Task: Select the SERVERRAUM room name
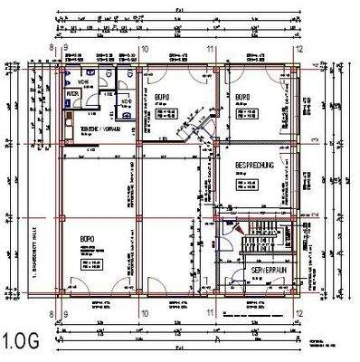269,271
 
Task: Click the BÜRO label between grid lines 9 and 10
87,240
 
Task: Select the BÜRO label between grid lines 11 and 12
242,97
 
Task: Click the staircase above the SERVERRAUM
258,241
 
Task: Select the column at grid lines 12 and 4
297,65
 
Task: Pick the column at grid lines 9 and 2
62,218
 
